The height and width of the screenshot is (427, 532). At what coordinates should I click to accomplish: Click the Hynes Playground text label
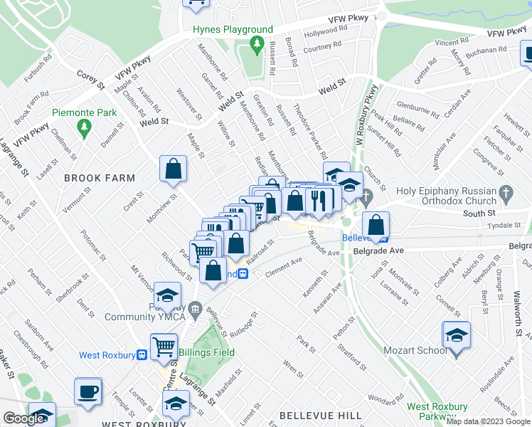point(233,29)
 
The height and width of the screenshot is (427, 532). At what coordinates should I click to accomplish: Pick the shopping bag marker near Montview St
point(173,170)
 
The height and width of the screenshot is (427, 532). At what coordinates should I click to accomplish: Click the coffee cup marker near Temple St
point(88,392)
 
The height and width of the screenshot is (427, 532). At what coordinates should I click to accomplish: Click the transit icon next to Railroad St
point(243,273)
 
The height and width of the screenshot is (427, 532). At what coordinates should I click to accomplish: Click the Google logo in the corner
point(23,418)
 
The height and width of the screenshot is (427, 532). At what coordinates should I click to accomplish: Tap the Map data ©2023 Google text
point(487,421)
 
